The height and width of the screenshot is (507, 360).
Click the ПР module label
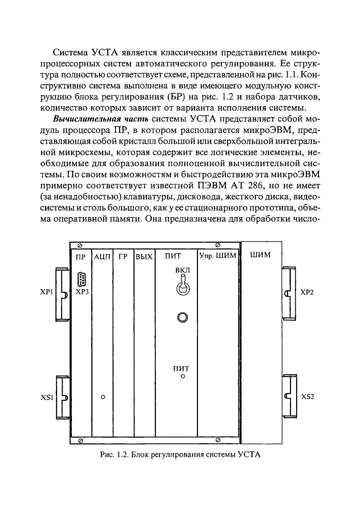pyautogui.click(x=80, y=256)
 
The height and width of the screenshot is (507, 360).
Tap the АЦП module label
pyautogui.click(x=102, y=256)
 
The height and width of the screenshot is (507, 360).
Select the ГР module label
pyautogui.click(x=123, y=256)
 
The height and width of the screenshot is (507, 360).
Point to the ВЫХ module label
pyautogui.click(x=144, y=256)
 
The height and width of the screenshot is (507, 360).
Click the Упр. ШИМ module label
pyautogui.click(x=217, y=256)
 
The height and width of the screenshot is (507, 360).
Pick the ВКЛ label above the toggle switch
pyautogui.click(x=183, y=270)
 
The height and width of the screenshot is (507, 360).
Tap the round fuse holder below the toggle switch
pyautogui.click(x=183, y=317)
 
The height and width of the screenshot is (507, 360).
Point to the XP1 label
pyautogui.click(x=46, y=292)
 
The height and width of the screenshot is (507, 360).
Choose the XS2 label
pyautogui.click(x=307, y=397)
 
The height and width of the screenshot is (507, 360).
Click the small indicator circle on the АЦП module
pyautogui.click(x=102, y=397)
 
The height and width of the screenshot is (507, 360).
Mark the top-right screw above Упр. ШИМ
pyautogui.click(x=217, y=245)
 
